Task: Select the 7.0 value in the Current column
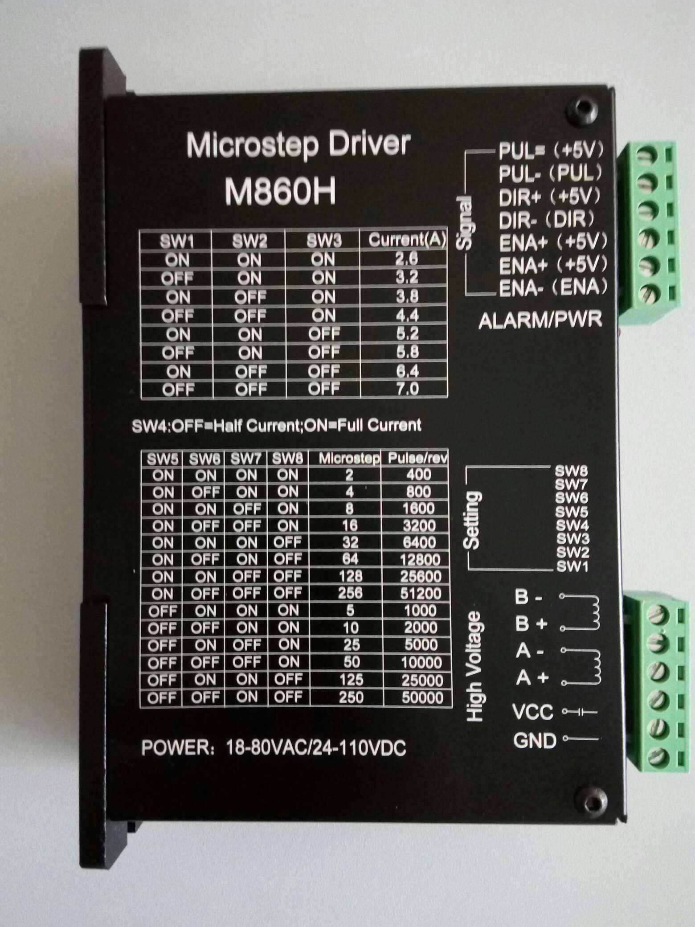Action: tap(407, 389)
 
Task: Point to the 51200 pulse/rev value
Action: tap(420, 593)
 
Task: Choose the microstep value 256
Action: tap(350, 593)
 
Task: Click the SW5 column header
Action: tap(163, 459)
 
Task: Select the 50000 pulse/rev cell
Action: tap(422, 698)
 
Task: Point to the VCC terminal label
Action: tap(533, 712)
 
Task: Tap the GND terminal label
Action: tap(535, 741)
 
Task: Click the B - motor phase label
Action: tap(528, 597)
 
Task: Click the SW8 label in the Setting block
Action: tap(572, 471)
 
